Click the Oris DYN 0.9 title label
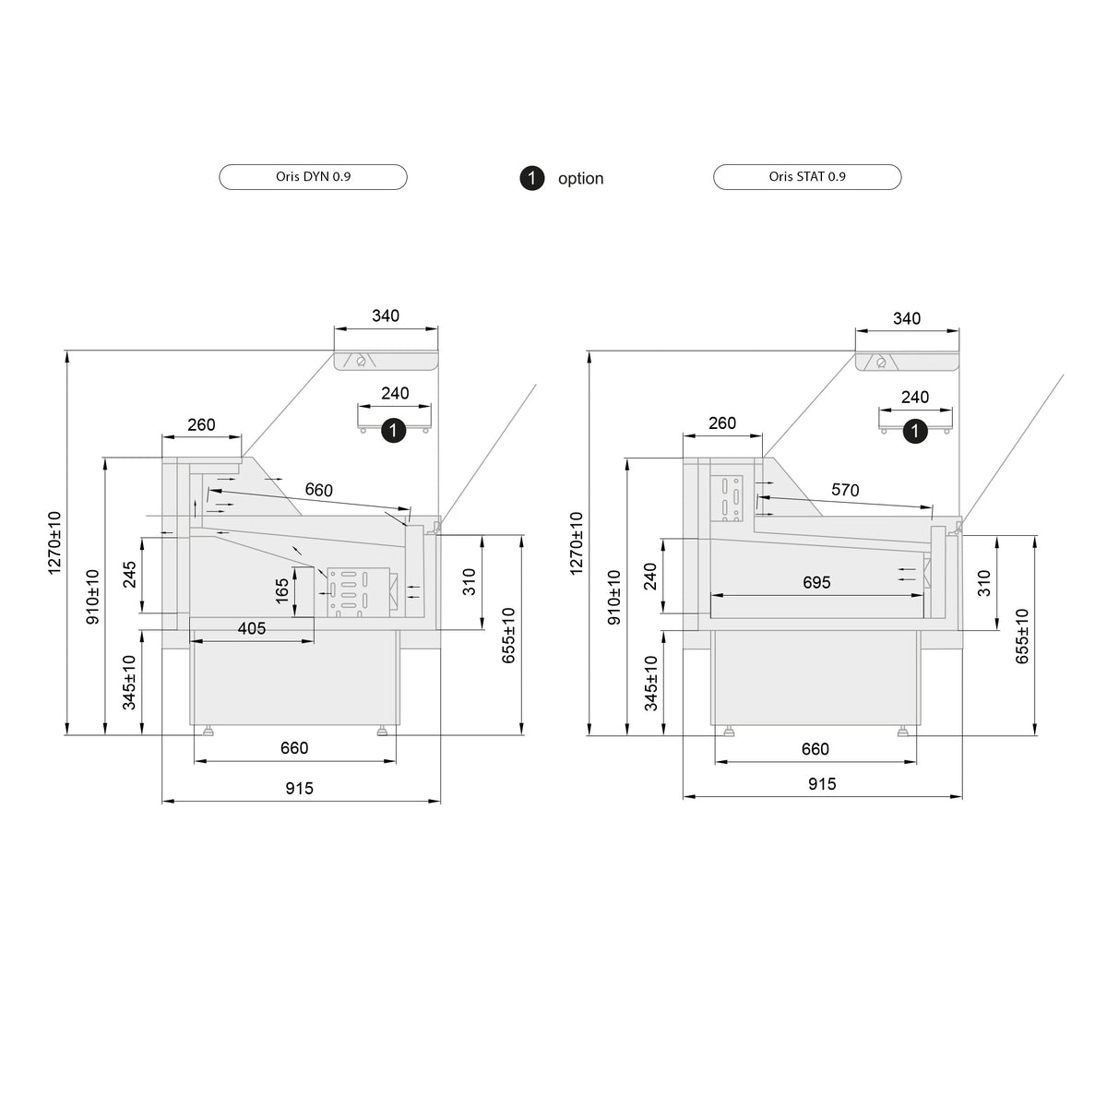point(313,177)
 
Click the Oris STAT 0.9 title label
point(807,177)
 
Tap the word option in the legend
point(581,179)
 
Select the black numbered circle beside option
point(532,178)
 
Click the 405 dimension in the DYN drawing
point(252,628)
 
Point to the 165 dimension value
point(282,591)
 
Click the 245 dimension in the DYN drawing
point(130,575)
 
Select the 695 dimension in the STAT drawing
point(816,582)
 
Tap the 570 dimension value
point(845,490)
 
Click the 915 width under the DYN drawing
point(299,788)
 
